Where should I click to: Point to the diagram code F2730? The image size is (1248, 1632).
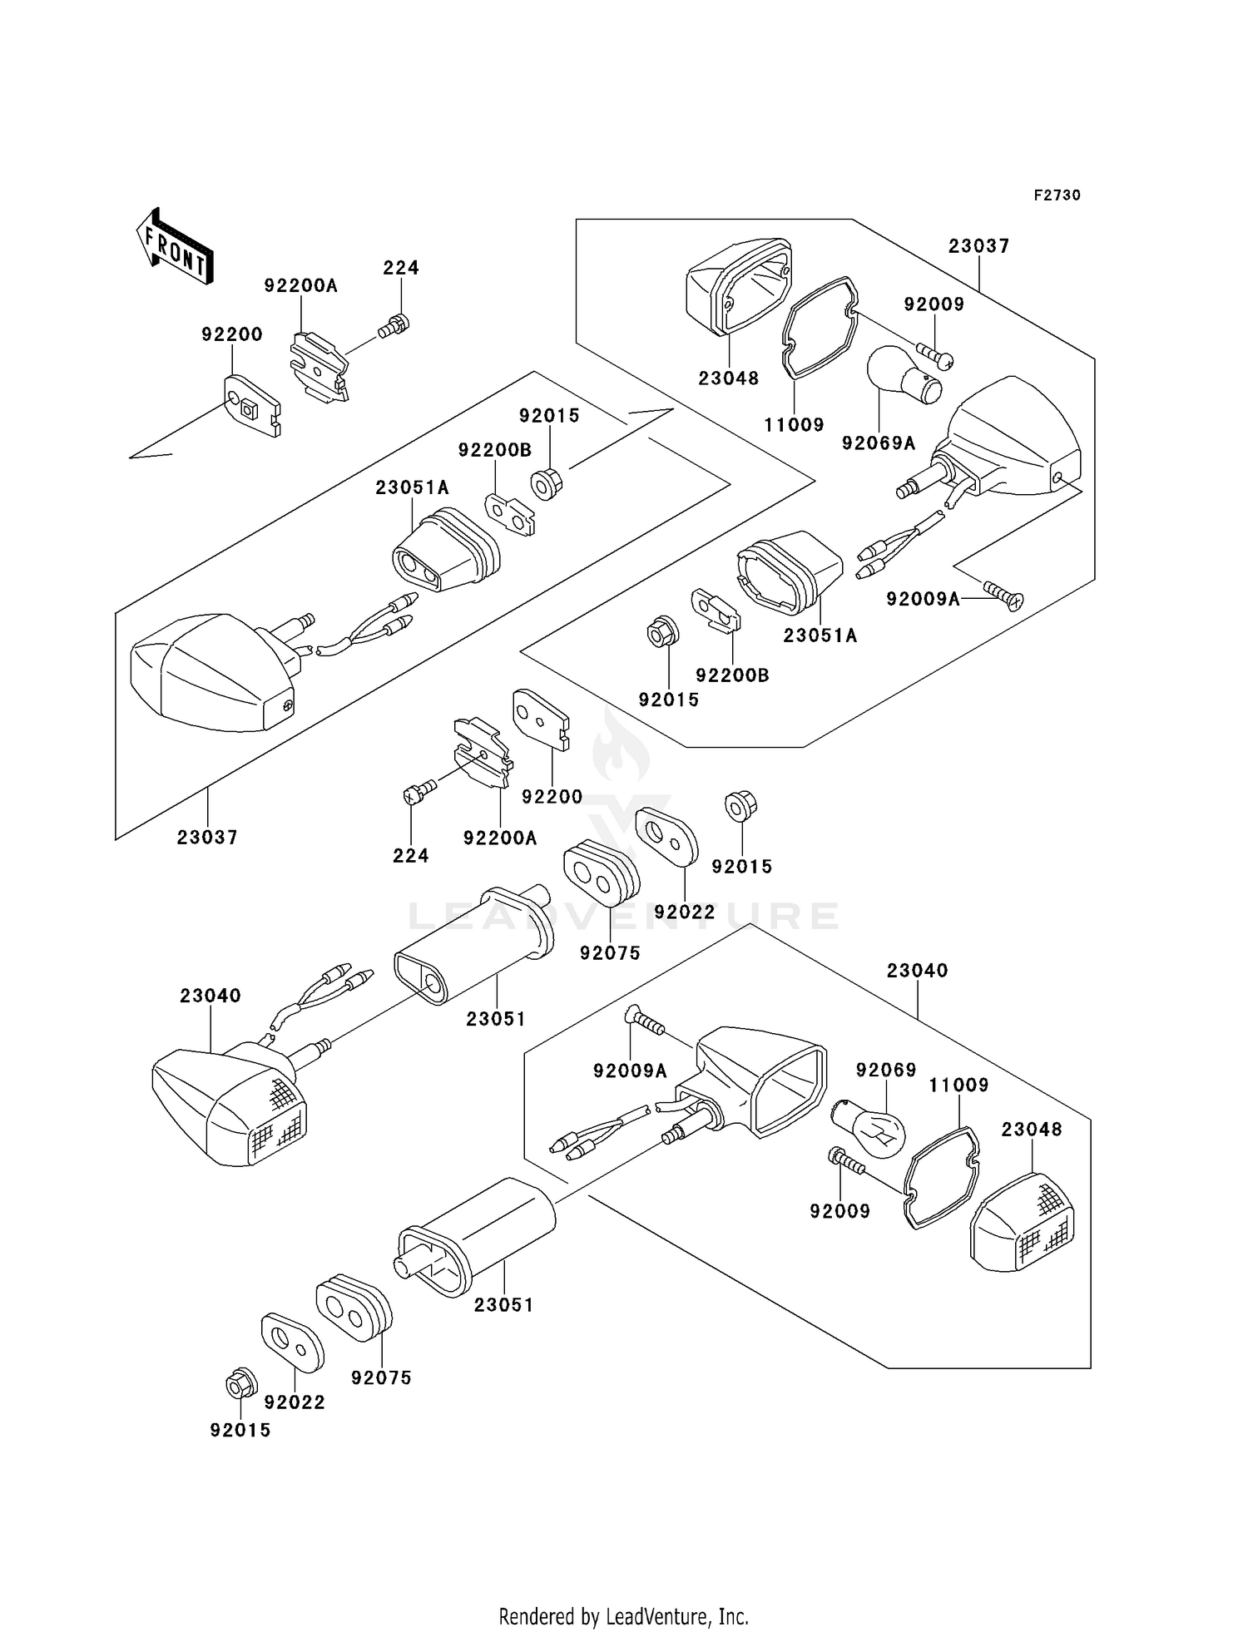coord(1057,195)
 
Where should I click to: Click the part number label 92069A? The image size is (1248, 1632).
coord(879,443)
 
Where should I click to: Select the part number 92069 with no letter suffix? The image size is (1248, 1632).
coord(886,1070)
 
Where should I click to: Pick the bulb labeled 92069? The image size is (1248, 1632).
coord(868,1127)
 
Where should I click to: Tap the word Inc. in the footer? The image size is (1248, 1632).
coord(732,1616)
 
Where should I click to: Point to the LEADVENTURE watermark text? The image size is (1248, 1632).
coord(623,916)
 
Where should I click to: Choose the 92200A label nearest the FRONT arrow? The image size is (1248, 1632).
coord(301,285)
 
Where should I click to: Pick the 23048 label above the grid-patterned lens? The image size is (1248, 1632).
coord(1032,1130)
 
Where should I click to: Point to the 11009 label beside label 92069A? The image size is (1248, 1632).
coord(794,425)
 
